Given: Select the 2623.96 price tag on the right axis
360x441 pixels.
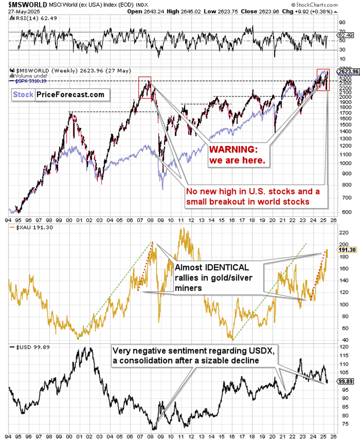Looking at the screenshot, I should (348, 72).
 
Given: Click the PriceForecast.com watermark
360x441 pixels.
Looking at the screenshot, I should (70, 94).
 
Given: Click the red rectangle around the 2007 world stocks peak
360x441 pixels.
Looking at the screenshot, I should (145, 87).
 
